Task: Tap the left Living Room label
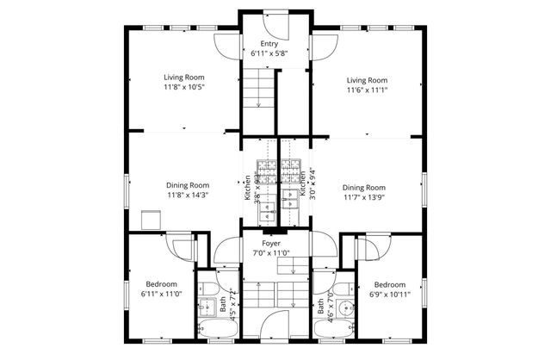pos(183,78)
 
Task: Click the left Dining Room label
pos(188,184)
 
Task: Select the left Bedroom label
pos(161,284)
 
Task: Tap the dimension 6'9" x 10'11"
pos(390,295)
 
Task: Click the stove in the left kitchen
pos(267,171)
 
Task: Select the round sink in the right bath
pos(344,307)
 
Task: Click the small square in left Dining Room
pos(152,221)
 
